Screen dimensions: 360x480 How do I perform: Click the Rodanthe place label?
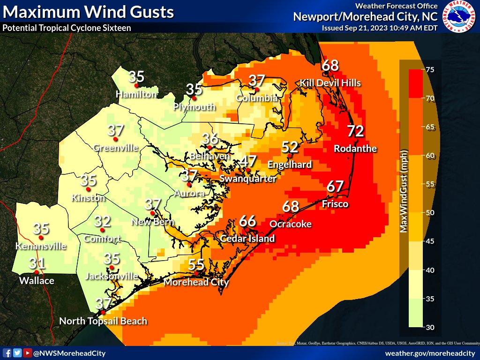click(355, 149)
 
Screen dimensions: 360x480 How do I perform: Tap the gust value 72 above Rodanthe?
click(355, 131)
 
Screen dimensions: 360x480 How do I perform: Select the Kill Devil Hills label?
click(330, 83)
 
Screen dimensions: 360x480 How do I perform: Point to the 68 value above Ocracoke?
click(291, 206)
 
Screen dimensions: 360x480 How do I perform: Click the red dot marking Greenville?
click(115, 139)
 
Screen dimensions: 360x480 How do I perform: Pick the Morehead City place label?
click(196, 282)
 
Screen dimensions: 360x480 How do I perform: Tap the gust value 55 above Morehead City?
click(196, 264)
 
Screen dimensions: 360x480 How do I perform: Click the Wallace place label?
click(37, 281)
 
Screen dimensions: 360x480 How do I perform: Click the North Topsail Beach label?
click(103, 321)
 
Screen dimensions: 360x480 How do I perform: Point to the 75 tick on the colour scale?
click(429, 70)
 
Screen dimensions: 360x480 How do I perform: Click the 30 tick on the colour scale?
click(429, 327)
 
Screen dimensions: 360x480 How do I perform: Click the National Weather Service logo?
click(459, 17)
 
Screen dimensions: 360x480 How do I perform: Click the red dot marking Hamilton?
click(136, 86)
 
